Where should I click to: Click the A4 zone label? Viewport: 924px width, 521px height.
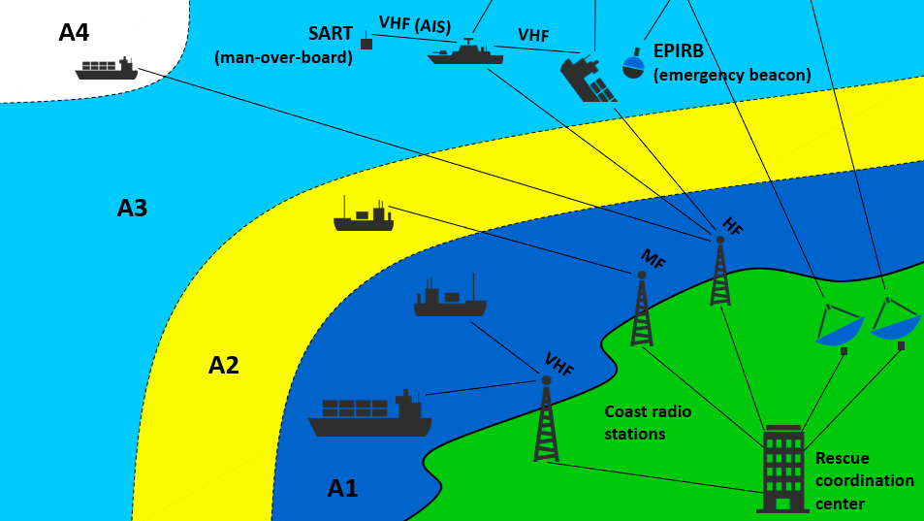click(74, 32)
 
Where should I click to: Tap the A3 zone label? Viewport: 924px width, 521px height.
click(132, 208)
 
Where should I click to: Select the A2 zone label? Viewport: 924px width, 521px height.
click(224, 366)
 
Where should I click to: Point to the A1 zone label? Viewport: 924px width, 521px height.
click(343, 489)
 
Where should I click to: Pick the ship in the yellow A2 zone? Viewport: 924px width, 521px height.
click(364, 214)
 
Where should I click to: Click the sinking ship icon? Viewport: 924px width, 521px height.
click(589, 79)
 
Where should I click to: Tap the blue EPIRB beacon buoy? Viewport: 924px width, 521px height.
click(634, 63)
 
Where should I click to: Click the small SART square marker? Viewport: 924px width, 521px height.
click(366, 42)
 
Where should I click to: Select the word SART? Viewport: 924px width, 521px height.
click(331, 34)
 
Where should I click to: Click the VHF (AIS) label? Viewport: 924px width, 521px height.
click(415, 25)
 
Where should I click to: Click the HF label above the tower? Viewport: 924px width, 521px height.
click(731, 226)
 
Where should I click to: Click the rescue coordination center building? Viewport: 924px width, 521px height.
click(783, 469)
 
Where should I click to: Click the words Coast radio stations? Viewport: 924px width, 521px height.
click(648, 423)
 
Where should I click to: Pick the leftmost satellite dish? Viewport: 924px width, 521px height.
click(839, 328)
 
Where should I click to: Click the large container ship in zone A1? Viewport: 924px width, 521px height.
click(369, 413)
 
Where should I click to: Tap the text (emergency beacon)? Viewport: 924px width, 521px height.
click(732, 76)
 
